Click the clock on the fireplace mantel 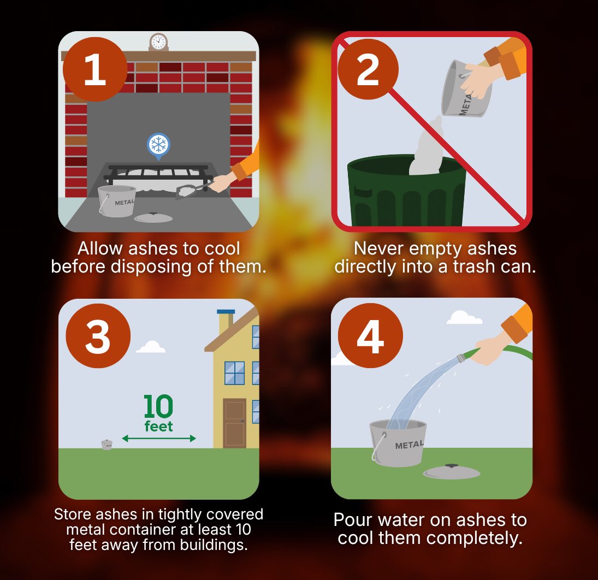tap(158, 42)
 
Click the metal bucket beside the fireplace tap(117, 201)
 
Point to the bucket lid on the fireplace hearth tap(153, 217)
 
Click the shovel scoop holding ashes tap(188, 192)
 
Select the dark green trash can tap(407, 191)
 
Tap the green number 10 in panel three tap(158, 407)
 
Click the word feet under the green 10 tap(158, 426)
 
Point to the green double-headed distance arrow tap(158, 438)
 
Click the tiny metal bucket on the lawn tap(106, 445)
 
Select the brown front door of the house tap(234, 423)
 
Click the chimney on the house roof tap(225, 322)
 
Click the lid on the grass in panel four tap(451, 472)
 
